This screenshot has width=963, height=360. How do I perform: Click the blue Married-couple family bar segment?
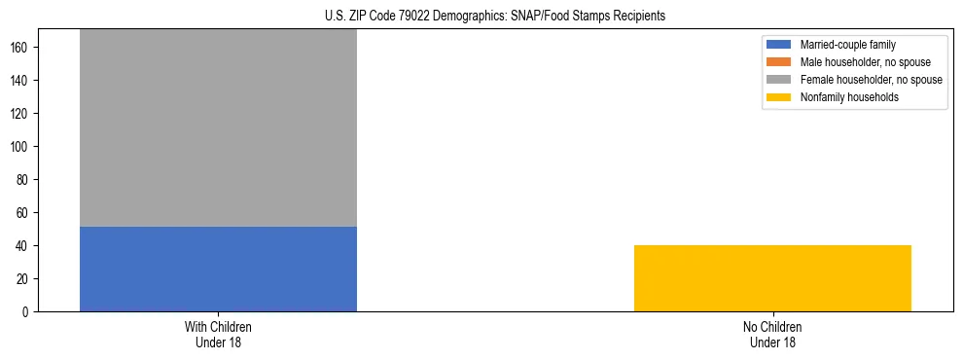click(218, 269)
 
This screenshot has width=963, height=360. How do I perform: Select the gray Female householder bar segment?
click(218, 126)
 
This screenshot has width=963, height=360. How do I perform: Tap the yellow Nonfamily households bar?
click(772, 278)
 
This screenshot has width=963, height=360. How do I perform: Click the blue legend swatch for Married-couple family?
click(779, 45)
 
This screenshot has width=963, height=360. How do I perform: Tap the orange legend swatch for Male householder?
click(779, 62)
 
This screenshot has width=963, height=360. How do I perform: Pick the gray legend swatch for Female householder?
click(779, 80)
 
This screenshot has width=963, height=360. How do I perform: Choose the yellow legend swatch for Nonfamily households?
click(779, 97)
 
